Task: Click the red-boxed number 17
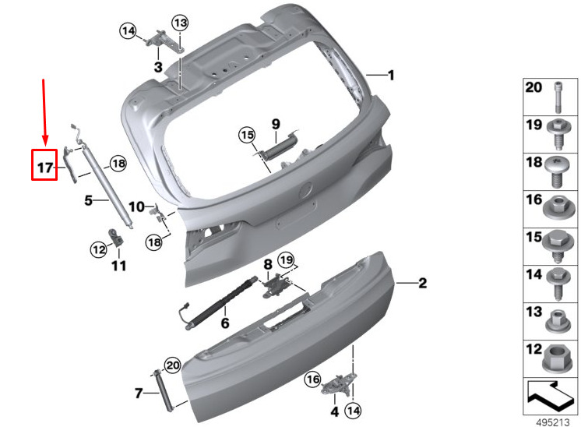click(45, 168)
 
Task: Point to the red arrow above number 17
click(44, 111)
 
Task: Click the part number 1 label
click(390, 76)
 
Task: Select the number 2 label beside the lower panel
click(422, 283)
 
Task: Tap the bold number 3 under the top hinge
click(158, 67)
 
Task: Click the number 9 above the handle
click(276, 124)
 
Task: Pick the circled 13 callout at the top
click(180, 23)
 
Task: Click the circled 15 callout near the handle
click(247, 135)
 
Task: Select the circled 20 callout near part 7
click(173, 366)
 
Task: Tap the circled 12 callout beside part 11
click(99, 249)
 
